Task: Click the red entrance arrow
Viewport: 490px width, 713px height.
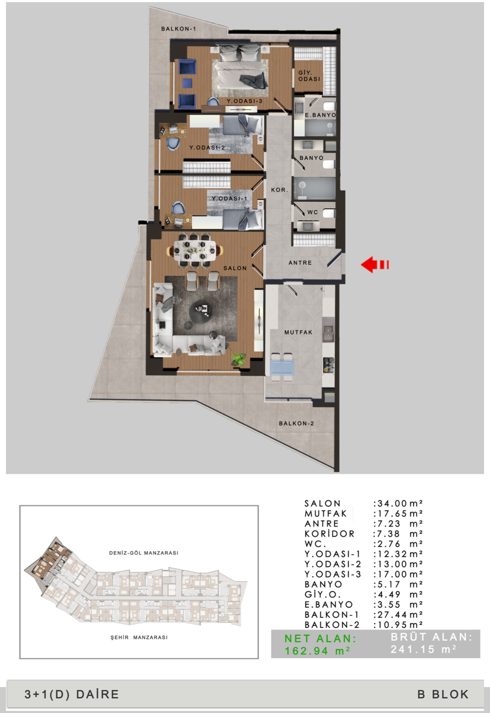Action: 375,265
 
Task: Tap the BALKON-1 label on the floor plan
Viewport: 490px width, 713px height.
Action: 178,28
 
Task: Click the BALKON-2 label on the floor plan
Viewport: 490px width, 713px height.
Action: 296,423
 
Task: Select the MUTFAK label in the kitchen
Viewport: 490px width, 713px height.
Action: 298,332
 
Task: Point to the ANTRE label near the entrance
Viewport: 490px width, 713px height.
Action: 300,263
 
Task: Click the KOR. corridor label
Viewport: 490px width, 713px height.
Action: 279,190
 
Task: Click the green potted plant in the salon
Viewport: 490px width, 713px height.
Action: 239,359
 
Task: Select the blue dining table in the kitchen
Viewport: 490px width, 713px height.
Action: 282,367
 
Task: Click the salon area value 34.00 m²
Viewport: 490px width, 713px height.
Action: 397,503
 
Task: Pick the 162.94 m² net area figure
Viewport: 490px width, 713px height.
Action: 317,651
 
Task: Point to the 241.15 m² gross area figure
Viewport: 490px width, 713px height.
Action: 423,649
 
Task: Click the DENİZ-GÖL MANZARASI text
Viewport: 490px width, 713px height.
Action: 144,553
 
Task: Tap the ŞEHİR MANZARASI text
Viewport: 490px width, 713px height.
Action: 139,637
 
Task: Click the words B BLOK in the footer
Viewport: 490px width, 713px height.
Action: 443,694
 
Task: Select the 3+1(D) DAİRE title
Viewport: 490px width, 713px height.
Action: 71,694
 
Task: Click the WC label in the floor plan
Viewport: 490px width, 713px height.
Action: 312,212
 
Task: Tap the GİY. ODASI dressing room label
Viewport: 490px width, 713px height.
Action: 309,76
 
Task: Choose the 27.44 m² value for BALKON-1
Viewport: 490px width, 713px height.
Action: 397,614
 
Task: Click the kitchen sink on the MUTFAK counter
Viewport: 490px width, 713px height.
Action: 328,329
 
